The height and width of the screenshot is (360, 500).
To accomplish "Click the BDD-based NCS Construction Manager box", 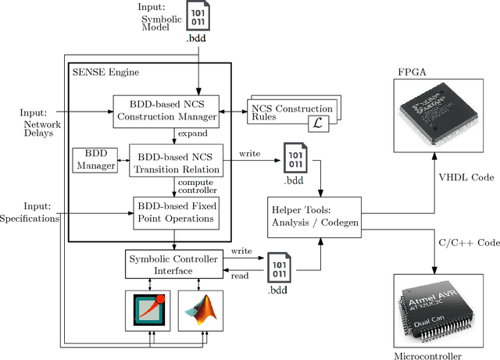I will click(166, 111).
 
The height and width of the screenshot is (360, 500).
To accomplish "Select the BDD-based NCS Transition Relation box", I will click(173, 162).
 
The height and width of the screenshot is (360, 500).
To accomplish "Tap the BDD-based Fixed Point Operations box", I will click(173, 211).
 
